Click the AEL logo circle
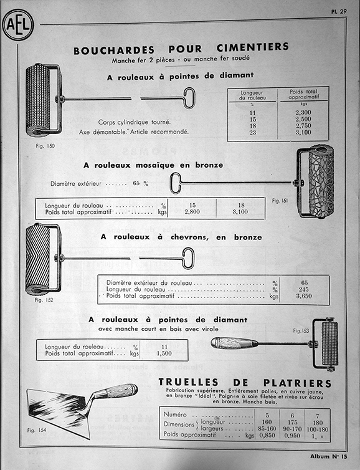click(x=18, y=25)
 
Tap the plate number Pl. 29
click(x=339, y=11)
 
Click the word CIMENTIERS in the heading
click(x=252, y=47)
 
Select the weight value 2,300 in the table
click(x=303, y=112)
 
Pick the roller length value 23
click(x=252, y=132)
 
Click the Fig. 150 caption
click(x=45, y=146)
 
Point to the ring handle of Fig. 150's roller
click(x=189, y=98)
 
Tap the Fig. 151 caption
click(x=280, y=201)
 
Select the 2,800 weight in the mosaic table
click(x=192, y=212)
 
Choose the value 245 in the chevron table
click(x=304, y=289)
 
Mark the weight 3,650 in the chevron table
click(x=304, y=296)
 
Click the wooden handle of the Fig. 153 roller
click(x=234, y=343)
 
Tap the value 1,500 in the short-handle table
click(x=164, y=353)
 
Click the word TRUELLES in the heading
click(x=188, y=382)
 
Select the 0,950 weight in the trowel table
click(x=292, y=436)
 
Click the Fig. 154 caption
click(x=37, y=430)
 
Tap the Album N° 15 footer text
click(x=329, y=456)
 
